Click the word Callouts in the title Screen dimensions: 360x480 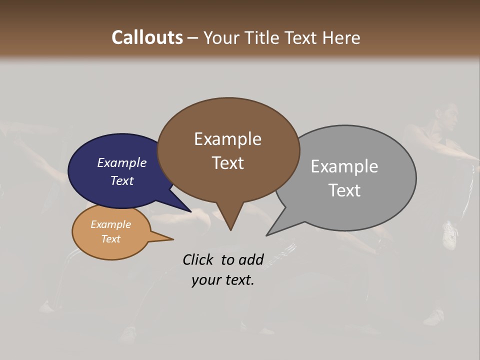pos(147,37)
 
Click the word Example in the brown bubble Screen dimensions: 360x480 pos(227,139)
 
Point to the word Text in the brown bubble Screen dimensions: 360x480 pos(227,163)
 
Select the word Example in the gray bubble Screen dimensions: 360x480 pos(344,166)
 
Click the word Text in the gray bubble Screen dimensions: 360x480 pos(344,190)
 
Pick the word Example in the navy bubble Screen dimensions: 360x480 pos(122,162)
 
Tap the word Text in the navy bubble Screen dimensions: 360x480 pos(122,180)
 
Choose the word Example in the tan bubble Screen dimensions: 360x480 pos(110,224)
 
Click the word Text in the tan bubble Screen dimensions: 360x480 pos(110,238)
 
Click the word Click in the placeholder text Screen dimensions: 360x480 pos(198,259)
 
